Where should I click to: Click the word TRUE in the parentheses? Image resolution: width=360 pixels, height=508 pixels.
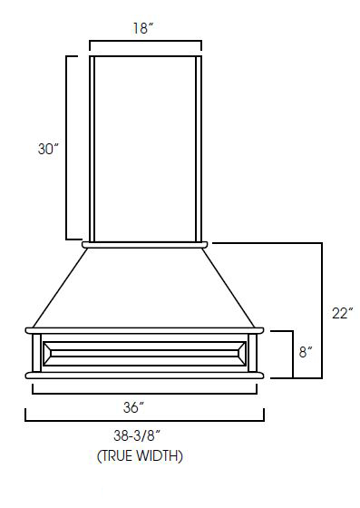pyautogui.click(x=119, y=456)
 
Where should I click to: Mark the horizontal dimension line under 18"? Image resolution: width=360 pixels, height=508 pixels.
pyautogui.click(x=145, y=42)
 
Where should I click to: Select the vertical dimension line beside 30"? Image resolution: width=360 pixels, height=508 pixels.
pyautogui.click(x=67, y=147)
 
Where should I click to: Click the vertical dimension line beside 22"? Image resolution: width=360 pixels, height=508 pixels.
pyautogui.click(x=322, y=309)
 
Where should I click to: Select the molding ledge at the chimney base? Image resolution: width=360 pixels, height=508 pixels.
pyautogui.click(x=145, y=244)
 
